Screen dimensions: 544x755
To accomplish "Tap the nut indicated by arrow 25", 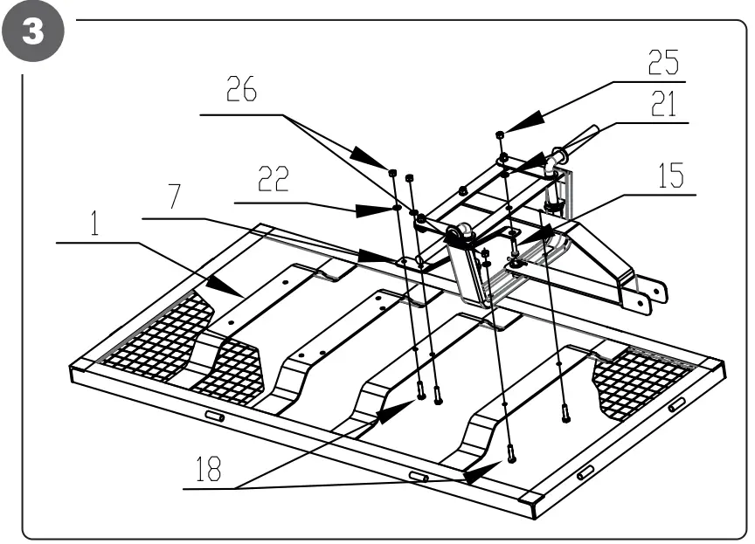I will click(499, 134).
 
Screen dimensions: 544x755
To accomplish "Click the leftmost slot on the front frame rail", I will click(214, 417).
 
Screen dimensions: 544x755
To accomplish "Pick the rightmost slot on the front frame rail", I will click(677, 405).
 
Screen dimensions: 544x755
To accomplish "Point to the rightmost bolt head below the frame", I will click(565, 415).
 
